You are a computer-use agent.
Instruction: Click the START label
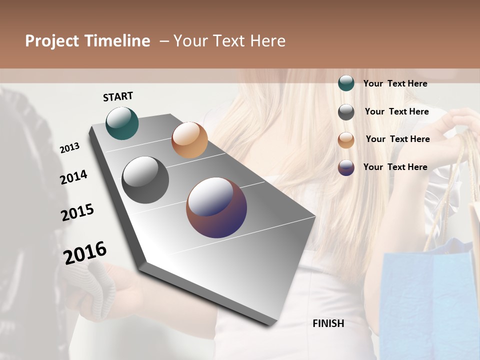(118, 96)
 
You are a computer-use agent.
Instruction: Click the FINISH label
(328, 323)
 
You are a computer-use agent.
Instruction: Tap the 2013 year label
(69, 147)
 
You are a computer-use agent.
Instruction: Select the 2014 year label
(73, 177)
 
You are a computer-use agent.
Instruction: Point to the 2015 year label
(77, 212)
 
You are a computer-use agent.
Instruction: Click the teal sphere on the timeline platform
(122, 123)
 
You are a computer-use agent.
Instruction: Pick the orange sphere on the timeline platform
(189, 140)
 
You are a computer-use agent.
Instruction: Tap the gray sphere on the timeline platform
(145, 180)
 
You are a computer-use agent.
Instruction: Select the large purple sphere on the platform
(216, 207)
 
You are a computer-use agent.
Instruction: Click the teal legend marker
(346, 83)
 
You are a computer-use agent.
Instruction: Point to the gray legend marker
(346, 112)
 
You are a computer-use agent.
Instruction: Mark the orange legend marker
(346, 139)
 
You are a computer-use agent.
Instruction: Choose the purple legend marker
(346, 167)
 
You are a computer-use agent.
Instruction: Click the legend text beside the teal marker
(395, 83)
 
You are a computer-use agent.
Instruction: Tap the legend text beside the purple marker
(395, 167)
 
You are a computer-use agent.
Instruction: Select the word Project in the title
(52, 41)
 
